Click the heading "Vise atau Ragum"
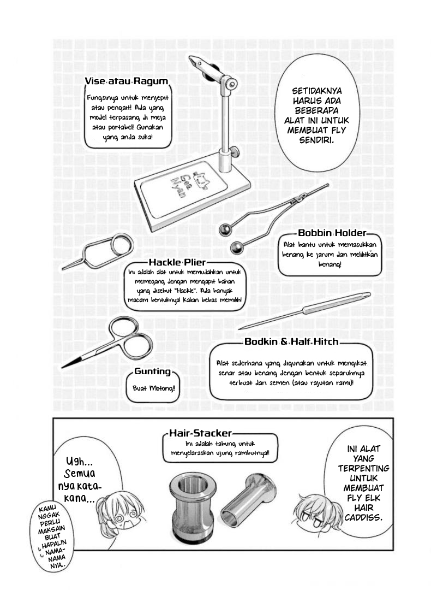(126, 81)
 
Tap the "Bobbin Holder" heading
(331, 233)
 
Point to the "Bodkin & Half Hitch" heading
(291, 342)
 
